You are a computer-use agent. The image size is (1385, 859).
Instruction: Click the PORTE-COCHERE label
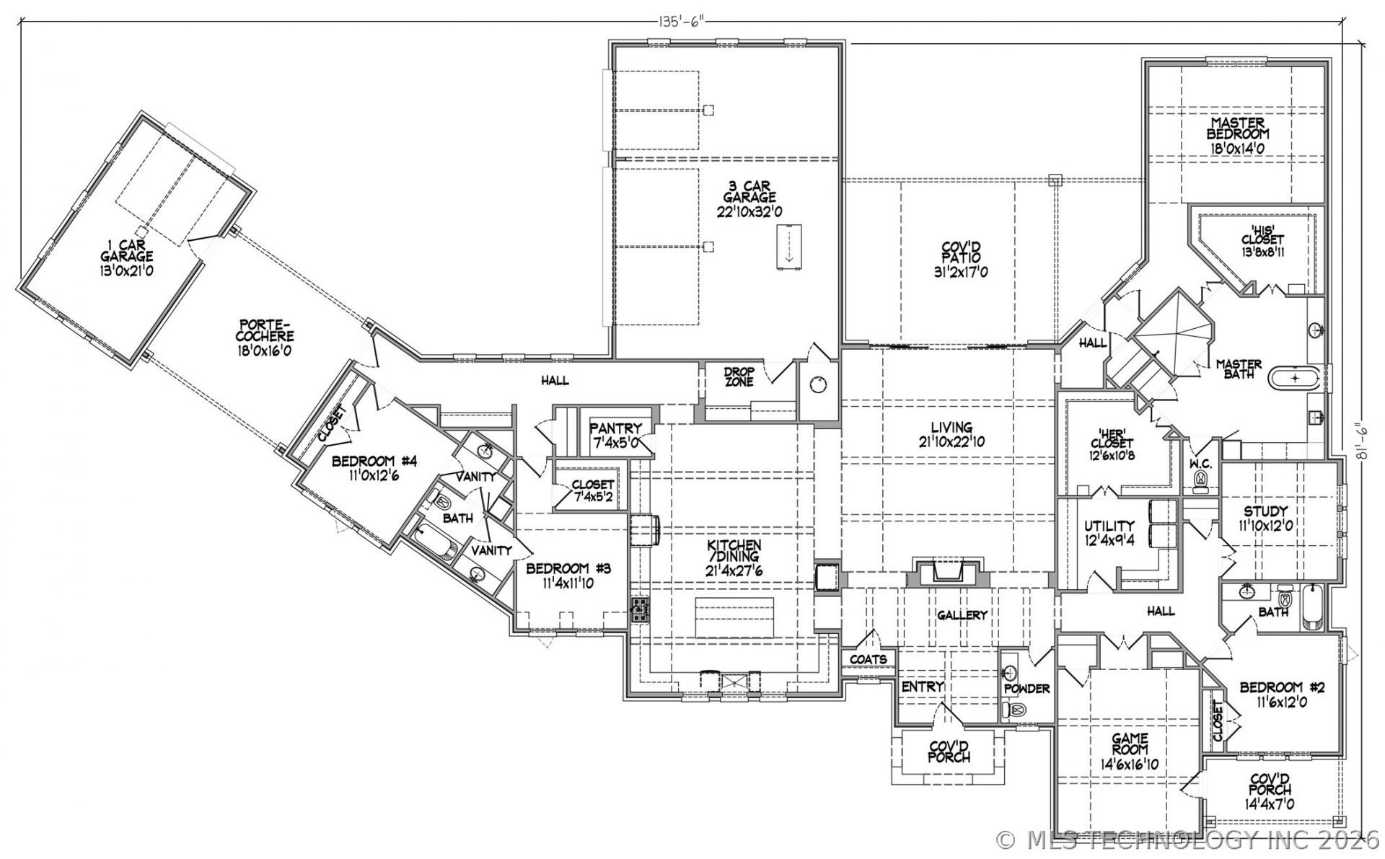266,331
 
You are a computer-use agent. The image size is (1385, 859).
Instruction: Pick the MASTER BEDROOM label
1238,128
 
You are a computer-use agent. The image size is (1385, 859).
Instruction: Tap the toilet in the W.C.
1201,480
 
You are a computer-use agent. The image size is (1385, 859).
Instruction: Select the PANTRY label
615,428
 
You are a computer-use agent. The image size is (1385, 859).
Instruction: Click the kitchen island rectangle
734,617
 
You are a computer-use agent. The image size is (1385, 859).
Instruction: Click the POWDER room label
1027,689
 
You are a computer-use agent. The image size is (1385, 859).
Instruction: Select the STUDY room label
1265,512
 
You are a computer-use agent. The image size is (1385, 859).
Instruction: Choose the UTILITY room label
1109,526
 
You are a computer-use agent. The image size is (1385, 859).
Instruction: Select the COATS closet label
869,659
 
